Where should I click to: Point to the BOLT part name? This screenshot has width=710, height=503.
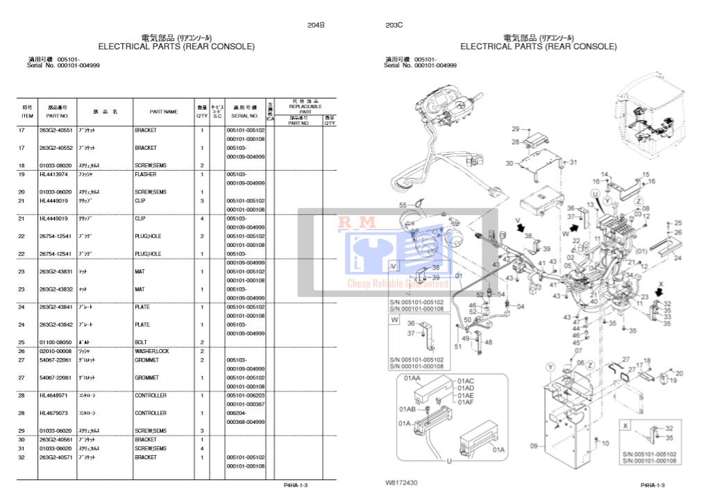[x=141, y=342]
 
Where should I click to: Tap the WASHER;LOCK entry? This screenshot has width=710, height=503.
[x=151, y=351]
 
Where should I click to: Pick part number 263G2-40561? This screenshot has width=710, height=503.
[x=55, y=440]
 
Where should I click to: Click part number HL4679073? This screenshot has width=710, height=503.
[x=52, y=413]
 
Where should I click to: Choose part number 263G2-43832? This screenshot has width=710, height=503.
[x=55, y=289]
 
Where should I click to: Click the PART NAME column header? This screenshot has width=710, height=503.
[x=164, y=112]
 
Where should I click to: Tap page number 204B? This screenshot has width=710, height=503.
[x=316, y=25]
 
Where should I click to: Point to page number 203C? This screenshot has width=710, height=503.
[x=394, y=25]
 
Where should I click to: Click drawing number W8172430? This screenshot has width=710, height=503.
[x=402, y=481]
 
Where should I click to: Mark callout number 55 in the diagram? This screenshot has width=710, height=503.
[x=403, y=205]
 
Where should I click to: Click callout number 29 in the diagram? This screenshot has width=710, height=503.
[x=516, y=129]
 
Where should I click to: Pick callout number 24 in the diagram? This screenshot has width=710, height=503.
[x=677, y=257]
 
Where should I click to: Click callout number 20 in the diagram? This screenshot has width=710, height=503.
[x=679, y=373]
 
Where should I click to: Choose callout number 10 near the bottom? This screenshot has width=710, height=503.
[x=606, y=443]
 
